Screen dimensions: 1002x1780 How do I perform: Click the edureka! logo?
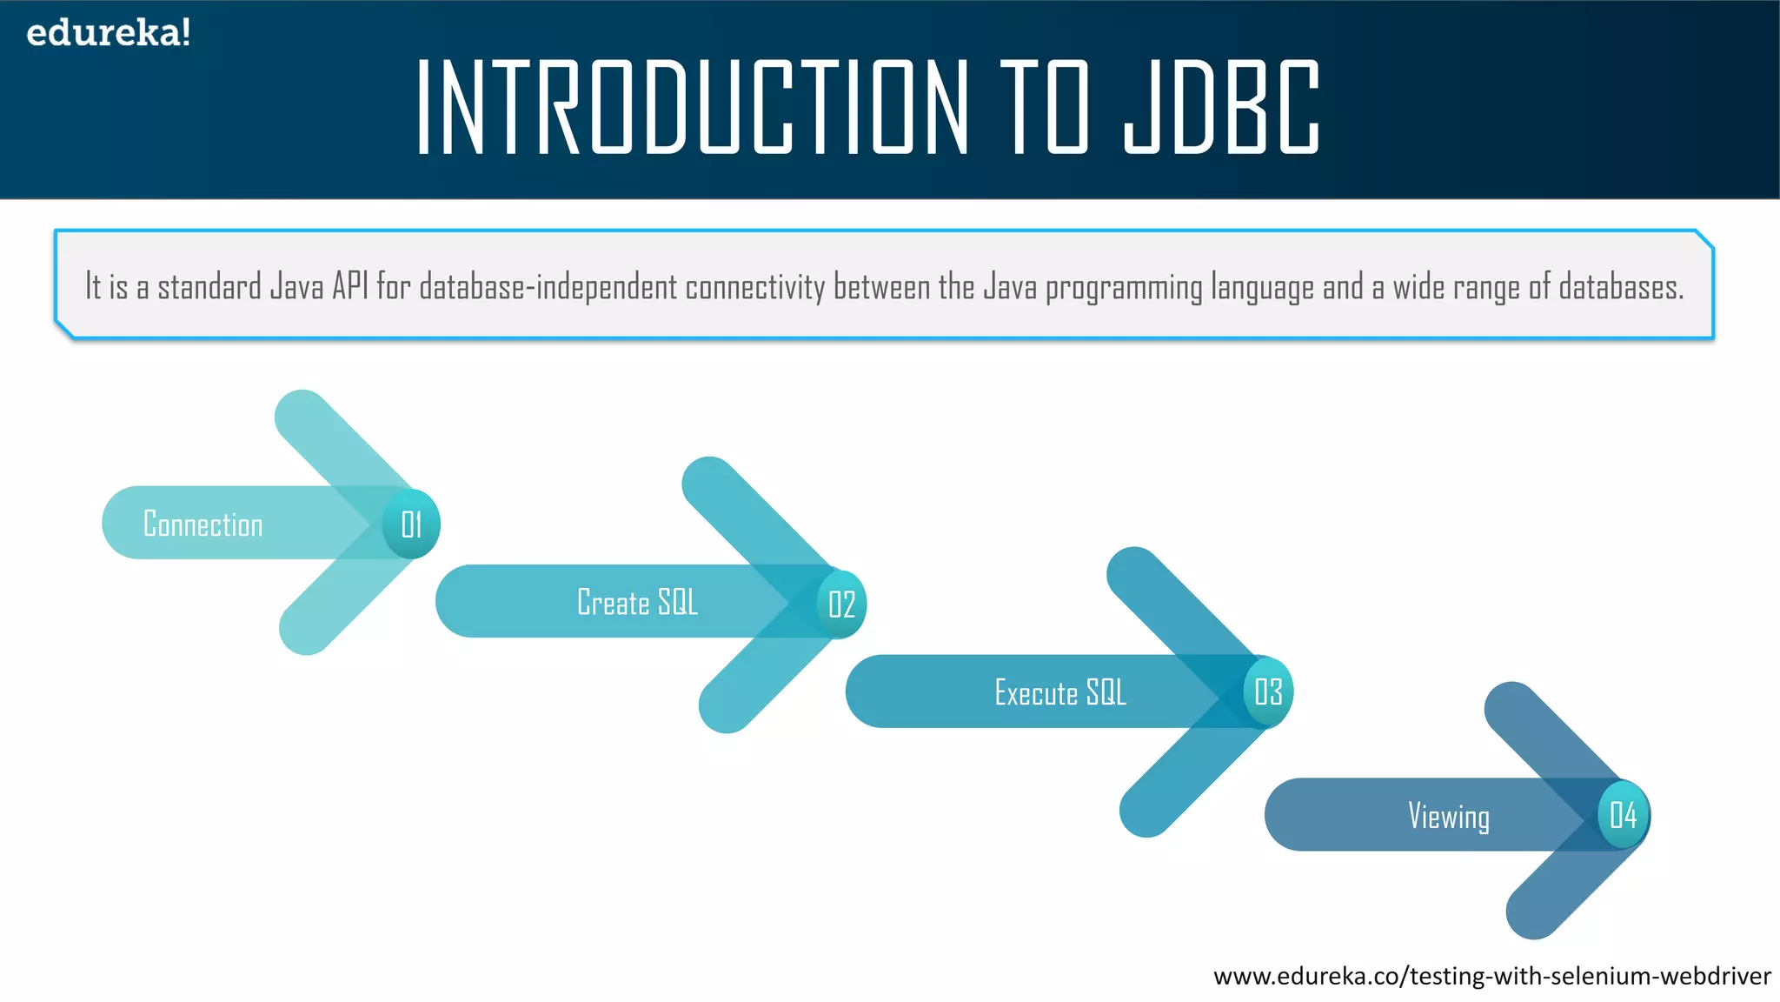click(x=108, y=33)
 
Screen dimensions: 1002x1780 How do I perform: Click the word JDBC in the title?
click(x=1221, y=108)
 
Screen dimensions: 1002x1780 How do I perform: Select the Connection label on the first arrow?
click(x=203, y=524)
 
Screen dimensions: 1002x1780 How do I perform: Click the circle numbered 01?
click(x=411, y=524)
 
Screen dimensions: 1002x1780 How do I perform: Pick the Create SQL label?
click(x=637, y=603)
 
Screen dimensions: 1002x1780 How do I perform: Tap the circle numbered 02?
click(x=841, y=605)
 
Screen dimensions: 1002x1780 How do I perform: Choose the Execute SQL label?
click(x=1060, y=693)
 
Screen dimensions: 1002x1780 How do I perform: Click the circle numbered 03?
click(x=1268, y=692)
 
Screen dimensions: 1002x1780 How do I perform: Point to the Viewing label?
click(x=1449, y=817)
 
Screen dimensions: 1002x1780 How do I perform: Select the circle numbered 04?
click(x=1623, y=816)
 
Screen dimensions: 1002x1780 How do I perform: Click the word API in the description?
click(x=350, y=286)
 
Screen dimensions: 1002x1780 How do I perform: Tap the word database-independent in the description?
click(x=548, y=287)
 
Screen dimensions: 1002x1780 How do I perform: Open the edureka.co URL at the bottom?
click(x=1491, y=976)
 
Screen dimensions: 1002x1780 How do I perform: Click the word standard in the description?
click(x=209, y=286)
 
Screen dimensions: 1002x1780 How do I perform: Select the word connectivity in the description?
click(x=754, y=287)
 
